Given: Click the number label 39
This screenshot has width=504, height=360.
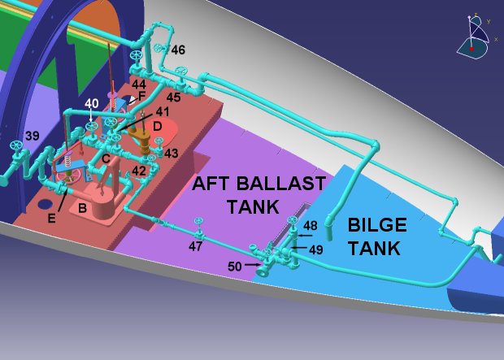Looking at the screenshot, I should (32, 135).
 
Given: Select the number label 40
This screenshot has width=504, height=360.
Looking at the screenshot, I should (91, 103).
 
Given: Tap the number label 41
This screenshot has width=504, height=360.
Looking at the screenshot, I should (163, 112).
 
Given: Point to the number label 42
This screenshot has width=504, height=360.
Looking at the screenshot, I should (139, 171).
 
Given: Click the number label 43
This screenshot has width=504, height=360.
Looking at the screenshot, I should (171, 153).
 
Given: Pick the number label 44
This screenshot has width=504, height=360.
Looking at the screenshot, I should (139, 85).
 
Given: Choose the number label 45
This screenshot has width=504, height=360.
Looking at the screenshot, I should (173, 98).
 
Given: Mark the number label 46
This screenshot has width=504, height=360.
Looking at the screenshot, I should (177, 50).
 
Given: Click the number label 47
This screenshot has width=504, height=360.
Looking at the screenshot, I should (196, 245).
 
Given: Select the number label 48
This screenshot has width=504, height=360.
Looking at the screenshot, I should (310, 225).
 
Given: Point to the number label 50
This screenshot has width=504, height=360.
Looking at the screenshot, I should (234, 266).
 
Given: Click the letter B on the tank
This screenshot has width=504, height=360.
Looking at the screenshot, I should (82, 207).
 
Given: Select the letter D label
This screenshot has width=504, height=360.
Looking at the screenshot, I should (158, 127).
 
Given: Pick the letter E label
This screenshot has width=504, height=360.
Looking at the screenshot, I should (52, 218).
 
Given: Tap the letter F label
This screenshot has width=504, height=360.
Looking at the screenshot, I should (141, 96).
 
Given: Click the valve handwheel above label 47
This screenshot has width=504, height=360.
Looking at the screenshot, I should (198, 222).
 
